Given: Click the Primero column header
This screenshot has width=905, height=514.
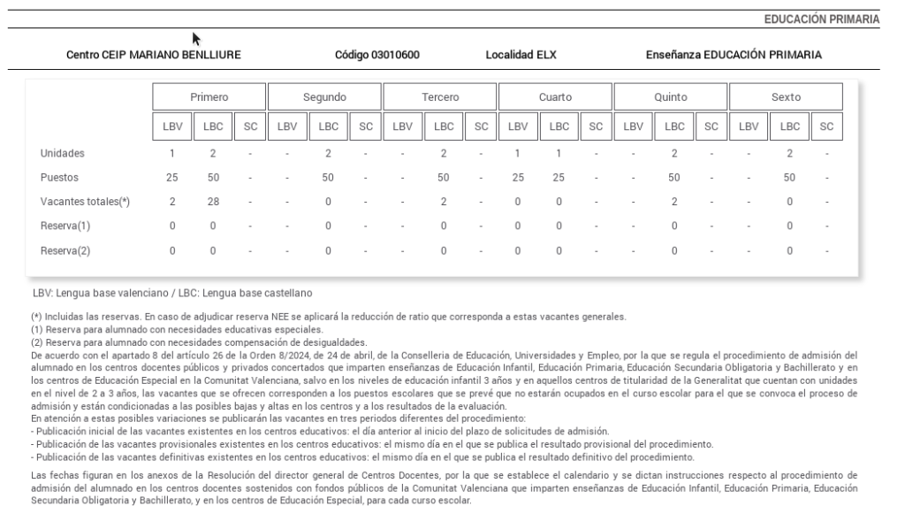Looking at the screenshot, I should point(209,96).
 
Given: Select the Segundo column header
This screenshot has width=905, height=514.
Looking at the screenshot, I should point(324,96).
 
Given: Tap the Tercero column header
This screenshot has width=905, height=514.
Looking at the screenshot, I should point(440,96).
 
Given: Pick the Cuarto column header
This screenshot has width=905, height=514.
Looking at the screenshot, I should point(555,96).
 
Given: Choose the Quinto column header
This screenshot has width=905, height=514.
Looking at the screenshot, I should point(671,96).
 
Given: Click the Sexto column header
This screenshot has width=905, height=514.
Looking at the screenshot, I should point(786,96).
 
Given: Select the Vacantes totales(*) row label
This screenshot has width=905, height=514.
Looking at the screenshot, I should point(85,202).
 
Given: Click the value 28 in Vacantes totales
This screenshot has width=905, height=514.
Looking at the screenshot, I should point(213,202).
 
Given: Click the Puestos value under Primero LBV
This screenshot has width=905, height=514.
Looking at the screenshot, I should point(172,177).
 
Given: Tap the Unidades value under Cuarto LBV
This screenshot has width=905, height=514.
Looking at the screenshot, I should point(518,153).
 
